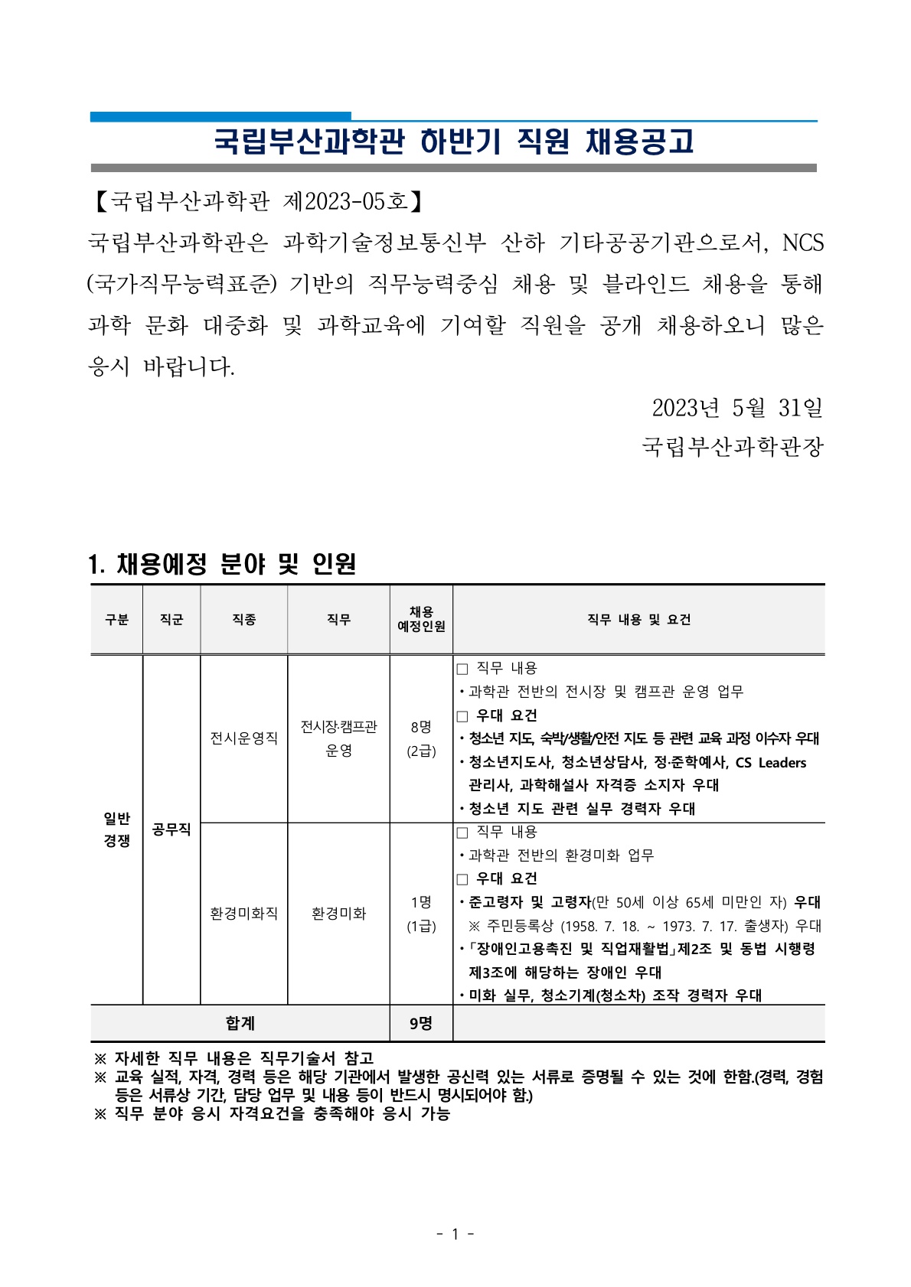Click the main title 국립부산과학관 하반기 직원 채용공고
(x=453, y=142)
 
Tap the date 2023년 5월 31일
(x=736, y=408)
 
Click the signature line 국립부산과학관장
(x=733, y=447)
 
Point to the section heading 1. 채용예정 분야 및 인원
(x=222, y=564)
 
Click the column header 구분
(x=116, y=620)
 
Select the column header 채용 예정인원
(x=421, y=619)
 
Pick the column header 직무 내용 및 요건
(x=638, y=620)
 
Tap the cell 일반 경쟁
(x=116, y=829)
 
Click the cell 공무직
(x=171, y=829)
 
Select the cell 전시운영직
(x=243, y=738)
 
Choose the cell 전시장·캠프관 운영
(x=338, y=738)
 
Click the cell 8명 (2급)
(x=421, y=738)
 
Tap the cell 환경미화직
(x=243, y=914)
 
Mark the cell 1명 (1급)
(x=421, y=914)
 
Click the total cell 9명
(x=421, y=1024)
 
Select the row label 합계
(x=240, y=1024)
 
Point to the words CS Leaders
(x=770, y=763)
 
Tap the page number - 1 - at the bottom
(x=455, y=1233)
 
